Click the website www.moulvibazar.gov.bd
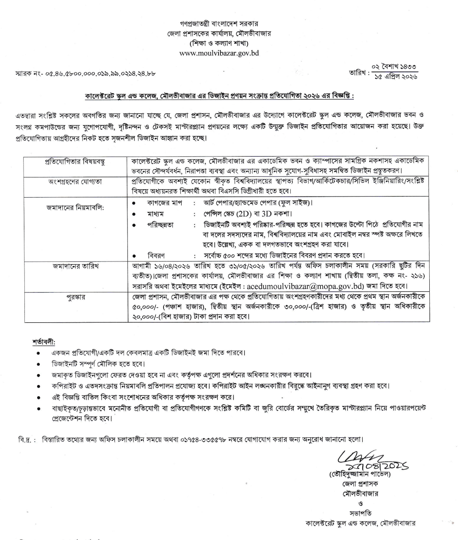tap(219, 53)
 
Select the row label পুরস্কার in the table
tap(76, 298)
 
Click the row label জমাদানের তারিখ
tap(76, 266)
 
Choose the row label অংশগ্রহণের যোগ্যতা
tap(76, 181)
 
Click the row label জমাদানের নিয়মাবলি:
tap(76, 208)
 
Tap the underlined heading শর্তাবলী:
tap(44, 342)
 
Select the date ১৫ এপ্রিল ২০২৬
tap(396, 77)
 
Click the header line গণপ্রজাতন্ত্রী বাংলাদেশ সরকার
tap(219, 24)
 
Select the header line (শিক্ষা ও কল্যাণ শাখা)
tap(219, 43)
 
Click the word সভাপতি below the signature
tap(360, 513)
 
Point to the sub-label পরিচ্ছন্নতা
tap(160, 225)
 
